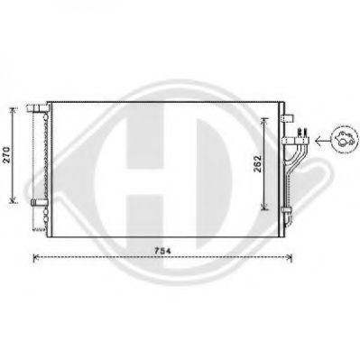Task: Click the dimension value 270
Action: click(7, 154)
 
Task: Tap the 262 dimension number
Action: click(257, 164)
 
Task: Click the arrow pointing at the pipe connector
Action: click(321, 140)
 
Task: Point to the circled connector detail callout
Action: click(345, 139)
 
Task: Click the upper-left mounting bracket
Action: click(37, 108)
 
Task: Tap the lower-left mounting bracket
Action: click(40, 202)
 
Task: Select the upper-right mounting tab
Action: click(287, 118)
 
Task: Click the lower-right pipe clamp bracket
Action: click(286, 210)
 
